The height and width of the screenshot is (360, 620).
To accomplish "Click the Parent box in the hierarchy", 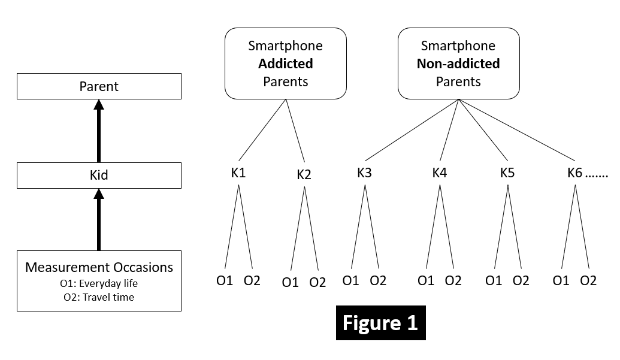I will [99, 86].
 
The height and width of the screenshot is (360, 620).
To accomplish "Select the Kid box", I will [99, 176].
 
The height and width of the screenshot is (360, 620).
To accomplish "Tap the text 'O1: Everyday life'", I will [99, 283].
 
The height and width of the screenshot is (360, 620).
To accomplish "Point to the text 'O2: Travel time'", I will [99, 297].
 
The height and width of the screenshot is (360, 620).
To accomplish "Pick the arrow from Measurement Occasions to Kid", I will [99, 219].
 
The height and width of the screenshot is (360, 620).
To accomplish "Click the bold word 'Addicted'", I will [285, 63].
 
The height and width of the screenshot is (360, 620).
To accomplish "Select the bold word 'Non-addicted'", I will [458, 63].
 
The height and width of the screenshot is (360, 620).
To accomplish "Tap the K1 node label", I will [238, 173].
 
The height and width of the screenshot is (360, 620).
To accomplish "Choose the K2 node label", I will [304, 175].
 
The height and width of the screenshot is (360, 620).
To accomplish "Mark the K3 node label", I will [364, 173].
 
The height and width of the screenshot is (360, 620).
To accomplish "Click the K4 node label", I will [440, 173].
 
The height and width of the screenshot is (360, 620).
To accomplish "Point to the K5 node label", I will [507, 173].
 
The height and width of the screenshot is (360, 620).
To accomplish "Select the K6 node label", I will [575, 173].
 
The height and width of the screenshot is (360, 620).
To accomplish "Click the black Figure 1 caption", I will [380, 323].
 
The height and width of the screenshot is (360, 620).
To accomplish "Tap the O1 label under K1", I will [225, 280].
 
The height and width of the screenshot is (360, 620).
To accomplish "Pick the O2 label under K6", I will [588, 280].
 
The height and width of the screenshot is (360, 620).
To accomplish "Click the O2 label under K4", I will [453, 280].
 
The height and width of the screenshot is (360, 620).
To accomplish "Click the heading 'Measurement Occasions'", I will [99, 267].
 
